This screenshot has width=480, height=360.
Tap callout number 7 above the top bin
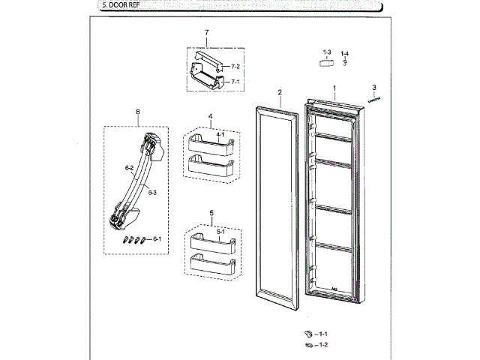point(206,32)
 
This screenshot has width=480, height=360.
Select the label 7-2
point(235,67)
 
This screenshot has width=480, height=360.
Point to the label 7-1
point(235,81)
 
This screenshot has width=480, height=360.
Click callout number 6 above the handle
point(138,112)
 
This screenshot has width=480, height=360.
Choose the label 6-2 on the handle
point(129,167)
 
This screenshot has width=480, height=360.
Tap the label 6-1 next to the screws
point(157,239)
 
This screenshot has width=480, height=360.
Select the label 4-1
point(220,133)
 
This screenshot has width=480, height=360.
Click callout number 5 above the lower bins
point(212,213)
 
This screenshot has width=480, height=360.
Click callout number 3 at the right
point(373,87)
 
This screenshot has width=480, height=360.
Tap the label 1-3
point(327,52)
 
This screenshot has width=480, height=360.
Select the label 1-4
point(345,52)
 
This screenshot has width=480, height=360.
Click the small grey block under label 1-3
point(326,64)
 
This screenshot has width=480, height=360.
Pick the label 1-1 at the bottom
point(324,333)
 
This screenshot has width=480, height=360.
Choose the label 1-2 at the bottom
point(324,345)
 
